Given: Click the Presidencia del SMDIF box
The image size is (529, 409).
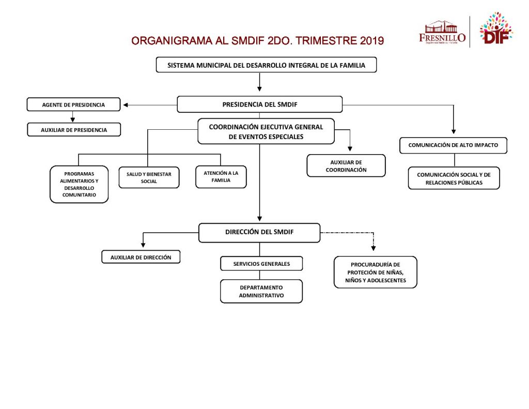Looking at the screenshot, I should tap(259, 104).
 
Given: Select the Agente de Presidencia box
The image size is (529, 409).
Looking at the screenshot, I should tap(73, 104).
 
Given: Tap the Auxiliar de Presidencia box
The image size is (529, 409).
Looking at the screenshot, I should tap(74, 130).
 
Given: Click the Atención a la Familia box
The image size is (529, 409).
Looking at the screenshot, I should tap(221, 176).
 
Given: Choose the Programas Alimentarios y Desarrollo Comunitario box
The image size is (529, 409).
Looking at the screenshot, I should tap(79, 184).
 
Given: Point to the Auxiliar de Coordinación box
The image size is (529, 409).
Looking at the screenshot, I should tap(346, 166).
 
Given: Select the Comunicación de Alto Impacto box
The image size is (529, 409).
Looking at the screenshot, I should tap(453, 145).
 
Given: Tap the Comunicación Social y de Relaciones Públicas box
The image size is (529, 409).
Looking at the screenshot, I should tap(454, 178).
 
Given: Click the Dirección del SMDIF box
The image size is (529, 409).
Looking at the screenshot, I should tap(259, 232).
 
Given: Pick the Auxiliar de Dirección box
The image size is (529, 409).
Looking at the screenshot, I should tap(141, 256).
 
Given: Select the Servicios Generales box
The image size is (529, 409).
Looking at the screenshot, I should tap(261, 264).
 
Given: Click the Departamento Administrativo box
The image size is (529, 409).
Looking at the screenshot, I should tap(261, 292).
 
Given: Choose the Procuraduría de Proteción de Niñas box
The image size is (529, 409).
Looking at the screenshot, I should tap(376, 272).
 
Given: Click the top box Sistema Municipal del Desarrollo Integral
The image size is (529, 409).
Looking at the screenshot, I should tap(266, 65).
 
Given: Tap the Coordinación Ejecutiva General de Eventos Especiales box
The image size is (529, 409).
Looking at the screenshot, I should tap(266, 132).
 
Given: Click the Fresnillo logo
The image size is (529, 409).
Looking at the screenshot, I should tap(442, 33).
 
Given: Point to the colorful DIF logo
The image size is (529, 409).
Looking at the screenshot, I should tap(495, 29).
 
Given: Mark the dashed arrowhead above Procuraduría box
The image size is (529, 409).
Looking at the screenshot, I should tap(374, 248).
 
